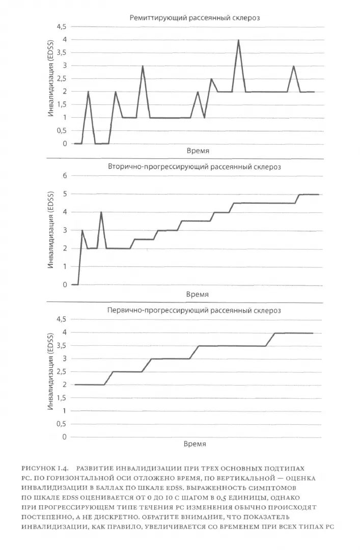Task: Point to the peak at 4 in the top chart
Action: (x=238, y=40)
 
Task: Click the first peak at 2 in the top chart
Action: (x=88, y=92)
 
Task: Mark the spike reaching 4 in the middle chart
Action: (x=101, y=212)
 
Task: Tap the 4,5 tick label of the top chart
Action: (x=62, y=26)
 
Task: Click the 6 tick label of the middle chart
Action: (x=64, y=176)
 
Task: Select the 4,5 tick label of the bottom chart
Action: (x=62, y=319)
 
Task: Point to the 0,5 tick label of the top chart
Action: (x=62, y=131)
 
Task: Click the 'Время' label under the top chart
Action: (x=195, y=151)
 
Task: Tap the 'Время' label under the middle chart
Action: (x=197, y=295)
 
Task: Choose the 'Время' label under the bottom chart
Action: (x=195, y=444)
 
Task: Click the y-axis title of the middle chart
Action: (x=51, y=230)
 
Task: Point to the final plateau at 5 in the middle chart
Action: (x=309, y=195)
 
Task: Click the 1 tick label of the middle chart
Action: (x=64, y=266)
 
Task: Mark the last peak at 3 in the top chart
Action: (x=294, y=66)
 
